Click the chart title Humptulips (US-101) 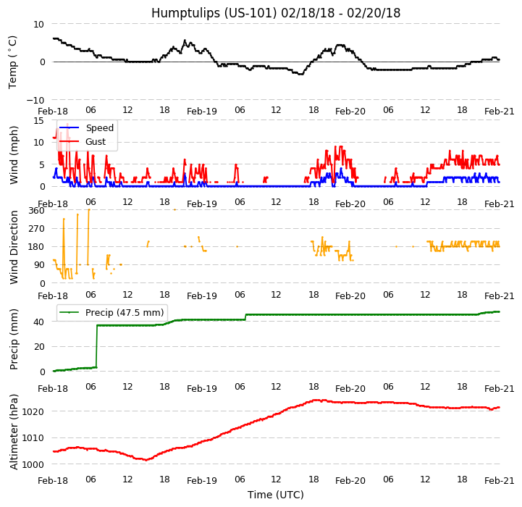pyautogui.click(x=276, y=13)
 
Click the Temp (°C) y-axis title pyautogui.click(x=13, y=62)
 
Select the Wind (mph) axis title pyautogui.click(x=14, y=154)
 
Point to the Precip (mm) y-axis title pyautogui.click(x=14, y=339)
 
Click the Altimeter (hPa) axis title pyautogui.click(x=14, y=431)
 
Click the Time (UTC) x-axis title pyautogui.click(x=276, y=495)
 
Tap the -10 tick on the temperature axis pyautogui.click(x=37, y=100)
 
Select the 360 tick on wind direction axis pyautogui.click(x=36, y=211)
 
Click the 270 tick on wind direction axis pyautogui.click(x=36, y=229)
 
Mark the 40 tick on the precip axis pyautogui.click(x=41, y=322)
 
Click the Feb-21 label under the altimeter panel pyautogui.click(x=500, y=481)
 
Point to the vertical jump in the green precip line pyautogui.click(x=96, y=346)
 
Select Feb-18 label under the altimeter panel pyautogui.click(x=53, y=481)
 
